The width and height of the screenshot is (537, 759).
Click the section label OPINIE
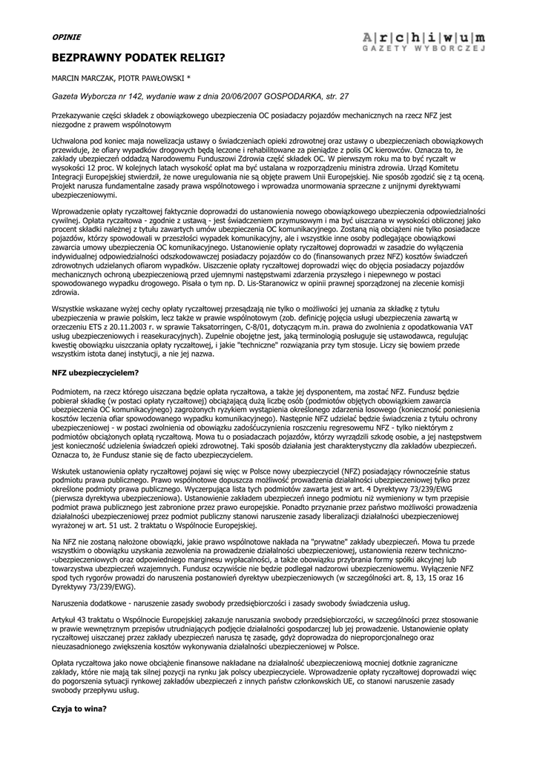(66, 36)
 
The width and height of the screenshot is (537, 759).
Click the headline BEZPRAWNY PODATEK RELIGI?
(138, 56)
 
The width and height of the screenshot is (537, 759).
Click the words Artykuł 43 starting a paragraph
(70, 620)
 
